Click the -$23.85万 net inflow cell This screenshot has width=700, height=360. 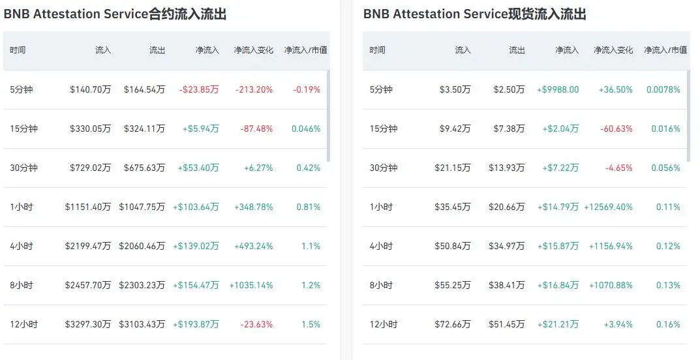coord(199,89)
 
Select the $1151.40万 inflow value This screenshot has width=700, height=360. coord(88,207)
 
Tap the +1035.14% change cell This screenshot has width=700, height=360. coord(251,285)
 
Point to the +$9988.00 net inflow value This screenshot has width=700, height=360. coord(558,89)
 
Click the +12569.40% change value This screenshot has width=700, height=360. coord(608,207)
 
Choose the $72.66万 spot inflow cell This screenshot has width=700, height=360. coord(453,324)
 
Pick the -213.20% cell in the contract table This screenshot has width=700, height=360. coord(254,89)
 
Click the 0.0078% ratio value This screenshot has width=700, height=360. coord(663,89)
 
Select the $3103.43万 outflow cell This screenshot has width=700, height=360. coord(142,324)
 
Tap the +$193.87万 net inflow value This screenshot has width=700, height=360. coord(196,324)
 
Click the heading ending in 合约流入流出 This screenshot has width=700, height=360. coord(115,14)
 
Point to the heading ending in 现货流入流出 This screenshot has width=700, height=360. coord(475,14)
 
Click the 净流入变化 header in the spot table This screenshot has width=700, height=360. coord(613,50)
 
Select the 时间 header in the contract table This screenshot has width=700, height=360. coord(18,50)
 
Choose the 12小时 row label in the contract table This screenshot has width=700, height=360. coord(24,324)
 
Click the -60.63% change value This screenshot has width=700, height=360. coord(616,129)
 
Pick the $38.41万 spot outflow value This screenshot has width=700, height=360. coord(507,285)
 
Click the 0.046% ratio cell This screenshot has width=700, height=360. coord(306,129)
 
